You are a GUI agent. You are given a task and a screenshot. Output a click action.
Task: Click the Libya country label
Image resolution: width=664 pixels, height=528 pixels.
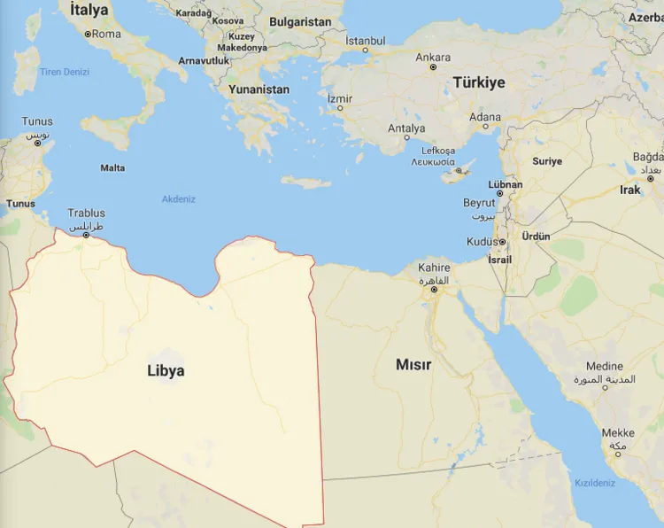coord(166,370)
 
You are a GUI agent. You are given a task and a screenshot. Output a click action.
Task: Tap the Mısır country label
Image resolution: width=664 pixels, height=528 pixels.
coord(413,364)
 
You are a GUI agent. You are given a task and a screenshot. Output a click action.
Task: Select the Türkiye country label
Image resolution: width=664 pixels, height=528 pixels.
coord(479,82)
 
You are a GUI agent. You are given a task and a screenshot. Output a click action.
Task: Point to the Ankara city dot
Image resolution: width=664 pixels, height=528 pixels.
coord(433,67)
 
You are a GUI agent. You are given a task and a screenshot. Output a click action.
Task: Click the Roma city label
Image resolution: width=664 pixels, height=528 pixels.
coord(106,34)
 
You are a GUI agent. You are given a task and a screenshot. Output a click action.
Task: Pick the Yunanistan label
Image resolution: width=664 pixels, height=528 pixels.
coord(259,89)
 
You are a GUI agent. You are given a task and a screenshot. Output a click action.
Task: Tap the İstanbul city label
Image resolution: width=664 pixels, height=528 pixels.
coord(365,41)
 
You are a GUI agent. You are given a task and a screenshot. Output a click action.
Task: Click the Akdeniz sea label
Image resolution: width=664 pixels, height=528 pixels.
coord(178,199)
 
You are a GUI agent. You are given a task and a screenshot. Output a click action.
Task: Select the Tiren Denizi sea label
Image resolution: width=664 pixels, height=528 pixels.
coord(65,72)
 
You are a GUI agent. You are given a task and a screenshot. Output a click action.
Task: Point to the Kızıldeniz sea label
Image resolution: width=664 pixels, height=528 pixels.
coord(595,483)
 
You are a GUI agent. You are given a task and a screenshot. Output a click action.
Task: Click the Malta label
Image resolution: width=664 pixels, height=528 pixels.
coord(112,167)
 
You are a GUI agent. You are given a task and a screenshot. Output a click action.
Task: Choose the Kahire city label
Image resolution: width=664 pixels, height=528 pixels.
coord(434,268)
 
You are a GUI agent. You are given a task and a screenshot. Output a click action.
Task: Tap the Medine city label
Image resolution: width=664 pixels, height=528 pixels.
coord(605,366)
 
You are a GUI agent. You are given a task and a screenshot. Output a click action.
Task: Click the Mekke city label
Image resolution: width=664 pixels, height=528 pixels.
coord(618,433)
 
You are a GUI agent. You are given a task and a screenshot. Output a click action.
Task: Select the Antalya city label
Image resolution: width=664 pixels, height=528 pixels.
coord(406,128)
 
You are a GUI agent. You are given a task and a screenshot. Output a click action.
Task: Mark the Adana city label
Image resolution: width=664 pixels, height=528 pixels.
coord(484,117)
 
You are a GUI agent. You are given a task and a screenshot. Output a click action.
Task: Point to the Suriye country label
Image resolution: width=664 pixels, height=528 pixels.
coord(547,161)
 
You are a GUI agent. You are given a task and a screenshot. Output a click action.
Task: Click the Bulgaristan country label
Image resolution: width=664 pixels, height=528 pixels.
coord(300,21)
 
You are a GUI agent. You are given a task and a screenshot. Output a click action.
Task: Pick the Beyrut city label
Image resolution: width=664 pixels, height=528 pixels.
coord(479,203)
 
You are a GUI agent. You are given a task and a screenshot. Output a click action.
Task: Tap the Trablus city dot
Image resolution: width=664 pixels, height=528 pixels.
coord(86,235)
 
